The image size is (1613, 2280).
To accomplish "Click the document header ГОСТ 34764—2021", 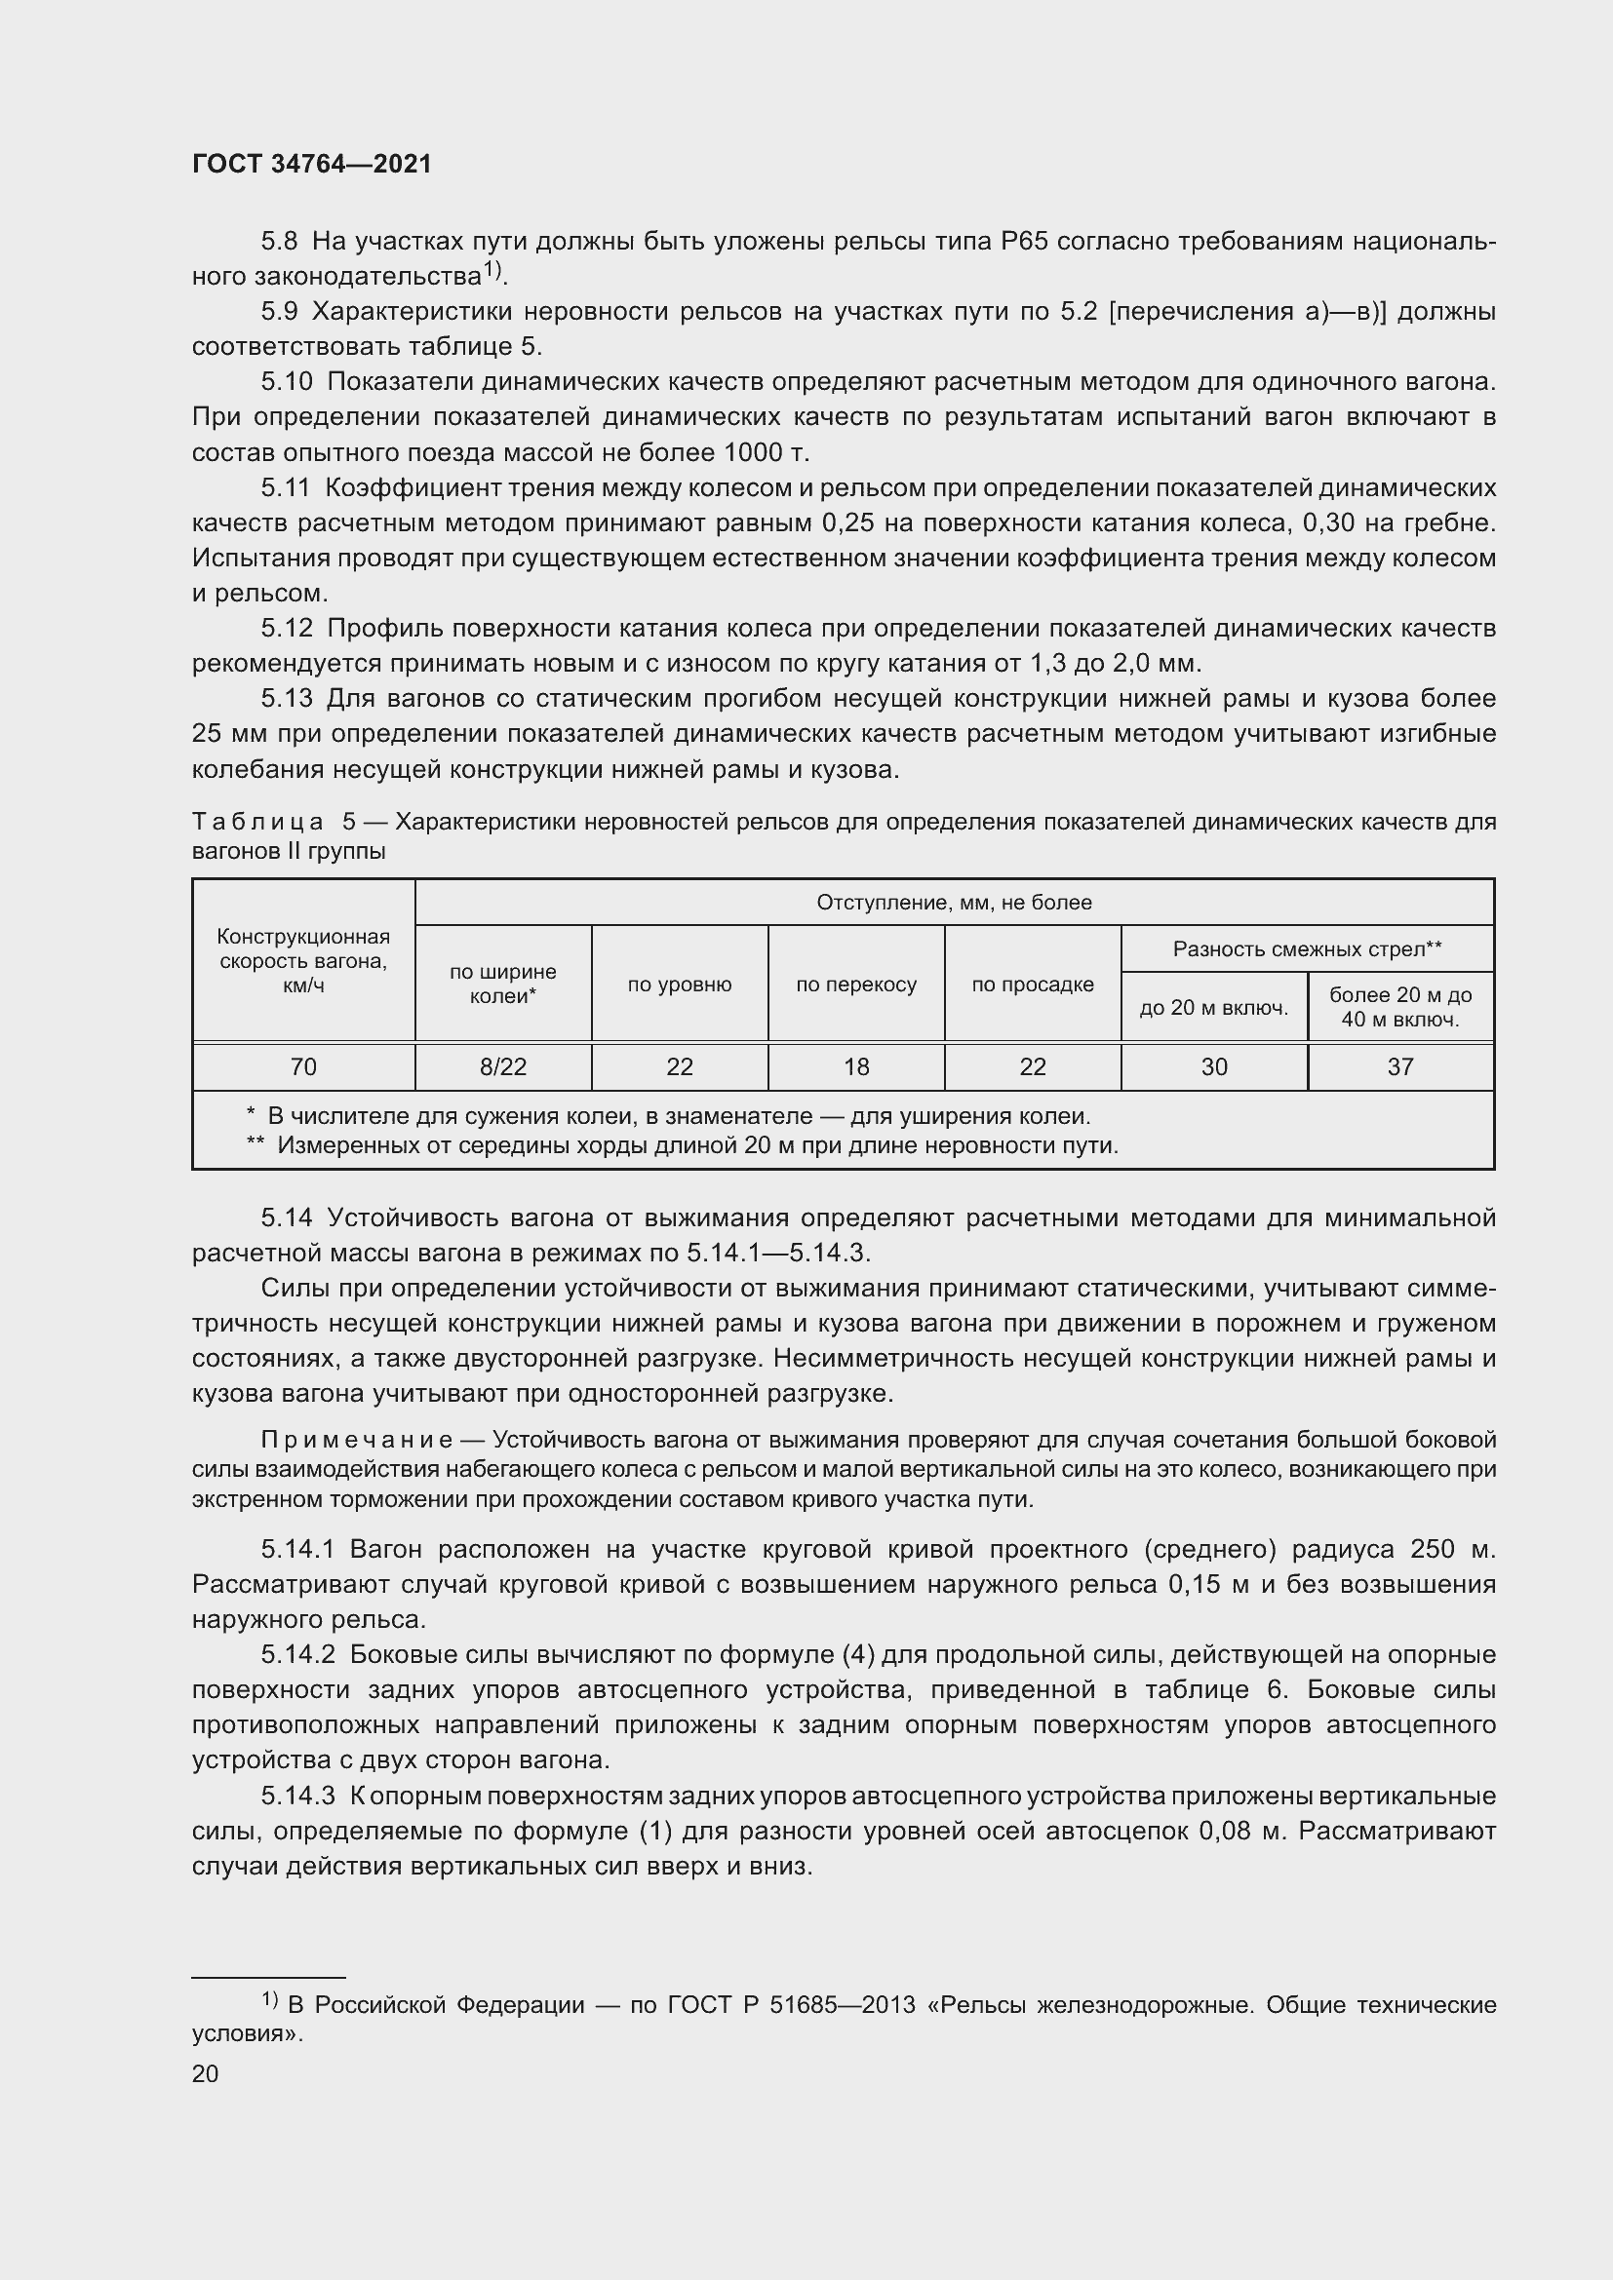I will click(312, 165).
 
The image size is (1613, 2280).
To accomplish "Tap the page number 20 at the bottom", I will click(206, 2073).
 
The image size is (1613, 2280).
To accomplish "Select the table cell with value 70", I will click(303, 1066).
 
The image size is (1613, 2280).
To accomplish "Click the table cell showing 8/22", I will click(502, 1066).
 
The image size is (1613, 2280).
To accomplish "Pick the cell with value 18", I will click(856, 1066).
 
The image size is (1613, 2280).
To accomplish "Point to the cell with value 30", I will click(1214, 1066).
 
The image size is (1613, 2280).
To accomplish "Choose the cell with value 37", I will click(1400, 1066).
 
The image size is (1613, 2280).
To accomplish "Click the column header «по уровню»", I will click(680, 985).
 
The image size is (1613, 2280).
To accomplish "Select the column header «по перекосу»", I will click(856, 985).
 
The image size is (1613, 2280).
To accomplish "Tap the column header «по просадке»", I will click(1033, 985).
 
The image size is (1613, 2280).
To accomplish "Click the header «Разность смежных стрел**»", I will click(1307, 949).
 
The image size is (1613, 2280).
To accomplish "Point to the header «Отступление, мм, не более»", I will click(954, 903).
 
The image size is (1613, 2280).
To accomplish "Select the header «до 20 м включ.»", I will click(1214, 1008).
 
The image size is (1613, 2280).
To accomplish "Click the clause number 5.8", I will click(279, 242).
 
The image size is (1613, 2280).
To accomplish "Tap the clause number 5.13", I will click(286, 698).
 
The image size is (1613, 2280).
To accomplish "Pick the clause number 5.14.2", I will click(299, 1654).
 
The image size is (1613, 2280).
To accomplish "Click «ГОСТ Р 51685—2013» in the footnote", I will click(791, 2004).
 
